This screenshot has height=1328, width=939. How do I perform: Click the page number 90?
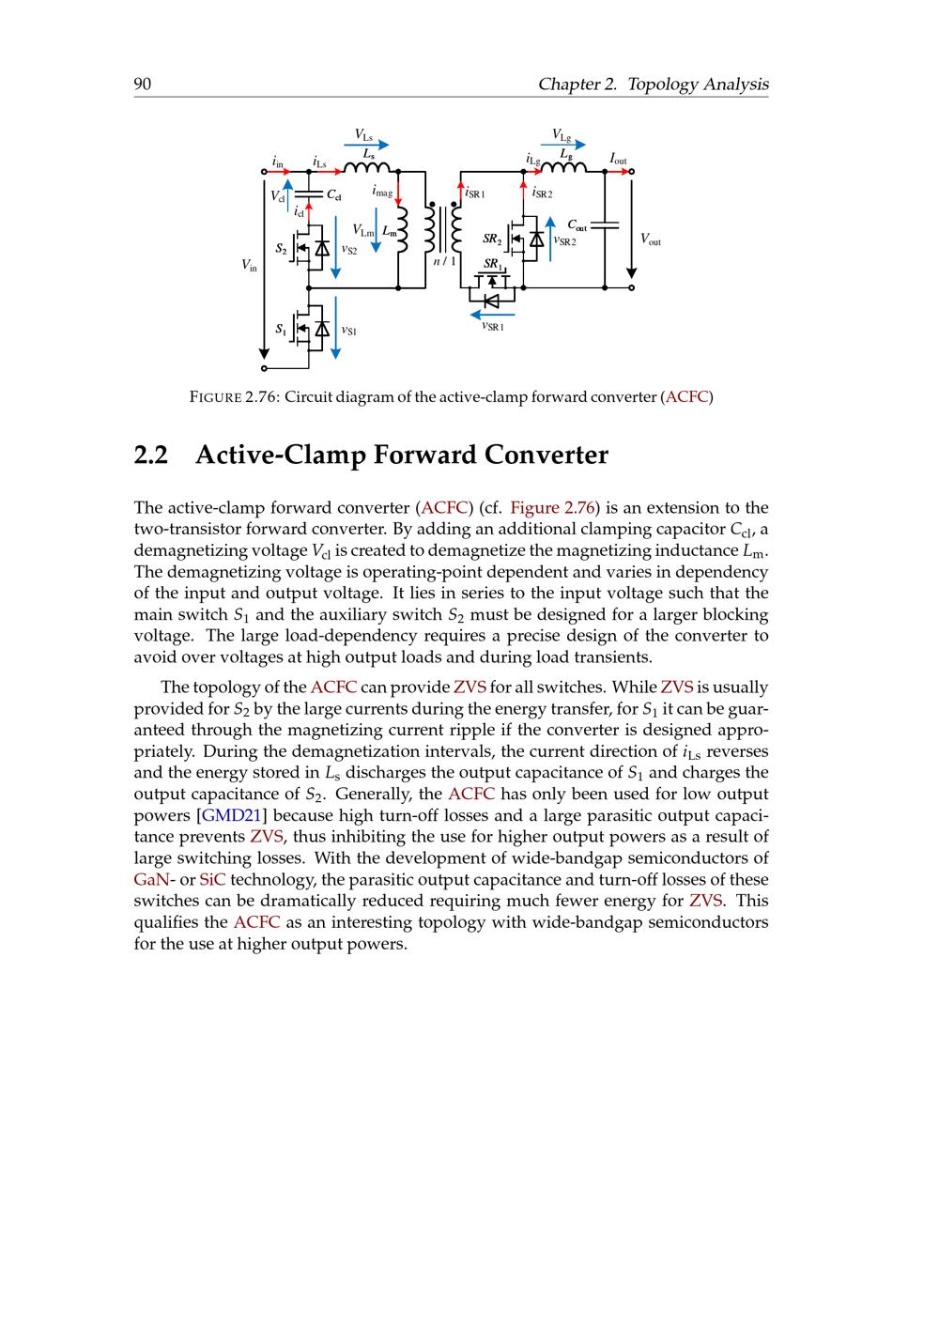143,85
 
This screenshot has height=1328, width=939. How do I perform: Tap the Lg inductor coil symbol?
564,168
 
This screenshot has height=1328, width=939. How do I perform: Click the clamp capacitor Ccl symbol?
308,194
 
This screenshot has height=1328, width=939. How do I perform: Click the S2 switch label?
282,249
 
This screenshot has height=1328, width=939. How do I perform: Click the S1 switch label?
282,329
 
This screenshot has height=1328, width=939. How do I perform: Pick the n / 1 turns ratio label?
445,260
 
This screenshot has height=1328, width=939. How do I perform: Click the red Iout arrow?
619,171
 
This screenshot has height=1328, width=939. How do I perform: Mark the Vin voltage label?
249,266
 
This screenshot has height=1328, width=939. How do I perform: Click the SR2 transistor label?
492,239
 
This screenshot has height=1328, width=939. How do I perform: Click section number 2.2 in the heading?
151,456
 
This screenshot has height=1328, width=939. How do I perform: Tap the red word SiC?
212,880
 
